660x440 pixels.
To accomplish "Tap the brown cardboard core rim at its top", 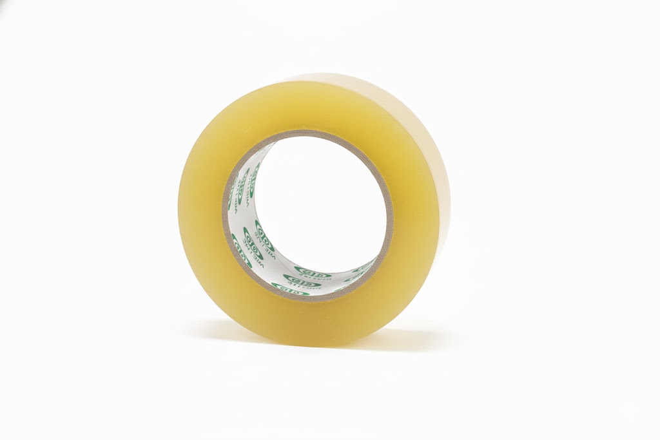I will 309,133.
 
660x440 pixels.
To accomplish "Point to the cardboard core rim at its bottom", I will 308,298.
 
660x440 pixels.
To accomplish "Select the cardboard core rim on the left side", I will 226,213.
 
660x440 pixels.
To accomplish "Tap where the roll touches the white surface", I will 303,345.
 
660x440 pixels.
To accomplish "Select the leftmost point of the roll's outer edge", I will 178,213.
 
